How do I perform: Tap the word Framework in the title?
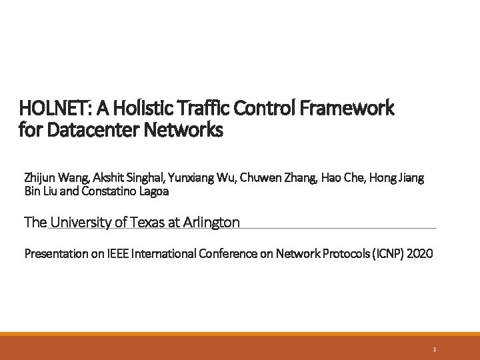[347, 107]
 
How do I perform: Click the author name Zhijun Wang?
[56, 178]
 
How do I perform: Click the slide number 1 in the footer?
[434, 349]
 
